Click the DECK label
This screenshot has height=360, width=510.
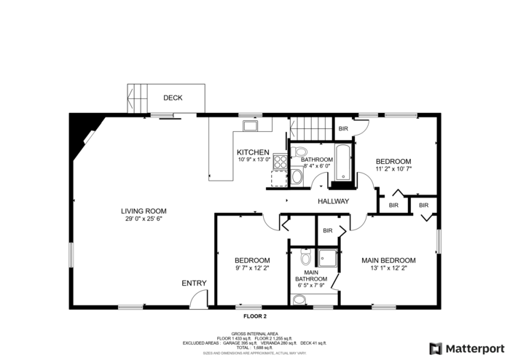(x=173, y=98)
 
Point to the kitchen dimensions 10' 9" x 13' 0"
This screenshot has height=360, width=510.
(x=254, y=160)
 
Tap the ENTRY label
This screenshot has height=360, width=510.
(x=194, y=283)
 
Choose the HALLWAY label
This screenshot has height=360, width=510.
(x=334, y=202)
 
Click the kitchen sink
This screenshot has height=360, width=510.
(x=251, y=126)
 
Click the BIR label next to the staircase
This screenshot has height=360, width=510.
(x=343, y=129)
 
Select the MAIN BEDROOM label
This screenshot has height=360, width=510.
(x=389, y=260)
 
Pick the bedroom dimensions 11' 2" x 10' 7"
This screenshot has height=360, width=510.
(x=393, y=169)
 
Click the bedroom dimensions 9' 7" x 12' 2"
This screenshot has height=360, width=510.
(x=252, y=268)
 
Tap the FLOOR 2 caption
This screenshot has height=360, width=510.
(x=255, y=316)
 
